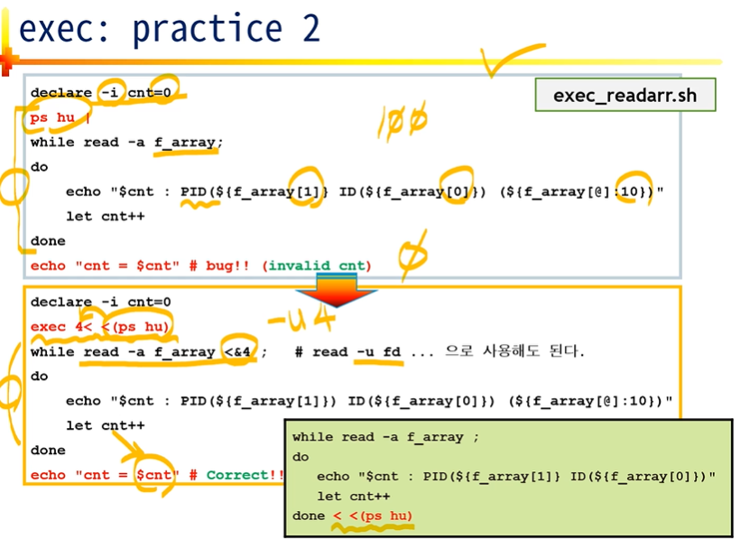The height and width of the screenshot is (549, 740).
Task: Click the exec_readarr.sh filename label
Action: tap(624, 95)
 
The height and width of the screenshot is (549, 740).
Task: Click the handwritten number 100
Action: tap(402, 120)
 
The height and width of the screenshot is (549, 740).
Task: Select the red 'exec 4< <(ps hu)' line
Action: tap(100, 327)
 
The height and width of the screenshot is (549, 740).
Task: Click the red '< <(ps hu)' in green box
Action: tap(372, 516)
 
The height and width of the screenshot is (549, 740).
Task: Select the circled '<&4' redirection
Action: tap(238, 351)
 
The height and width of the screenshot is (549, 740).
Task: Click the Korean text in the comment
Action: tap(514, 351)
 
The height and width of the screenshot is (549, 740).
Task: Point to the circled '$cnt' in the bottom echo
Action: tap(154, 475)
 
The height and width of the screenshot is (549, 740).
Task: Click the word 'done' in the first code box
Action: tap(48, 241)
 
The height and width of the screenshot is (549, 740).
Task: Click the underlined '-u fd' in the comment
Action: tap(379, 351)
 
